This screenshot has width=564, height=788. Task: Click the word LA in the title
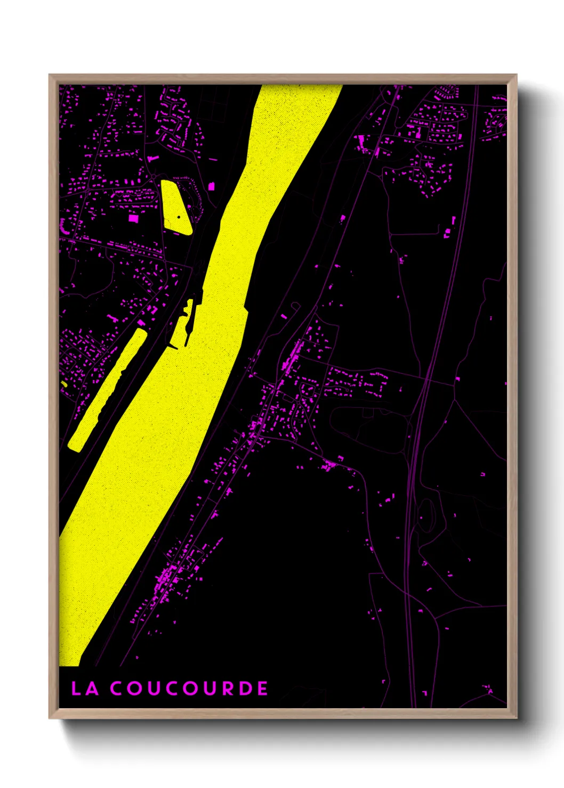[85, 688]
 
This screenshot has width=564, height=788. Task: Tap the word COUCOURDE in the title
[189, 688]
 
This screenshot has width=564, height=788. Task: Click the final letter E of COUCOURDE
[262, 688]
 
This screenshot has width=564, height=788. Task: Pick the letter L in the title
[77, 688]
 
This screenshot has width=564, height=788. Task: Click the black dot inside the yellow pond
[179, 217]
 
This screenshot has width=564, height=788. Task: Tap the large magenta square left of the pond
[133, 218]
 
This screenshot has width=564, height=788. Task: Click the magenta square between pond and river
[211, 186]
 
